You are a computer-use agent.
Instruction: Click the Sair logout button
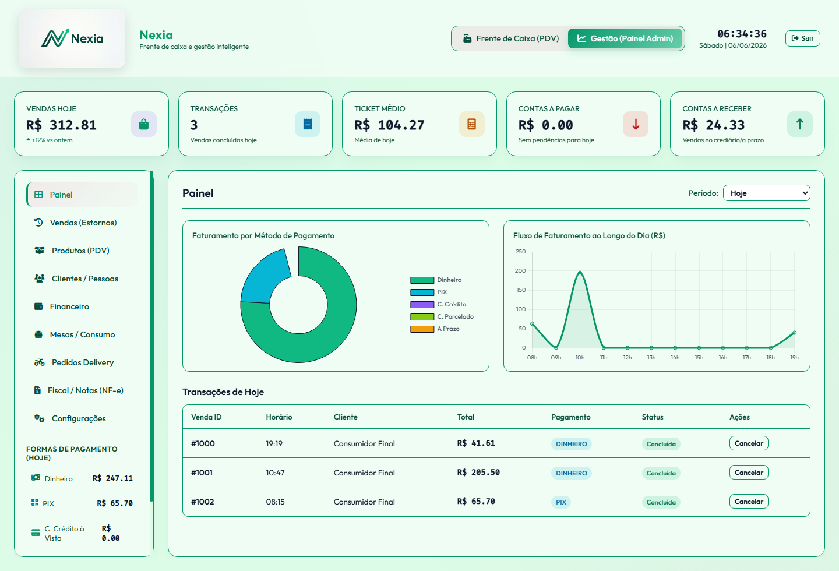(x=802, y=38)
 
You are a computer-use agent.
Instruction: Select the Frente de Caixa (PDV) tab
(x=511, y=38)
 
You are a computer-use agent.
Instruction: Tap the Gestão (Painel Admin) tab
(x=625, y=38)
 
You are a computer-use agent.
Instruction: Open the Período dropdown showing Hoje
(x=766, y=193)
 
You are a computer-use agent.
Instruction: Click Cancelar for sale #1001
(x=748, y=473)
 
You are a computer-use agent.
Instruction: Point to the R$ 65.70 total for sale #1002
(x=476, y=501)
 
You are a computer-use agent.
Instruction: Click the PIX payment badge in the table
(x=560, y=502)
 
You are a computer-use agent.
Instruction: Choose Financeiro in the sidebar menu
(x=69, y=306)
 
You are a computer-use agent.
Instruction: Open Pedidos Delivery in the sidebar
(x=82, y=362)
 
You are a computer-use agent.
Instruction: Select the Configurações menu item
(x=79, y=418)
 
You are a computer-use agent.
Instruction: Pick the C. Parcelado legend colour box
(x=422, y=316)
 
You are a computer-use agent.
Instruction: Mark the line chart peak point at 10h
(x=580, y=272)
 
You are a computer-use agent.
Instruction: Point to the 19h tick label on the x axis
(x=794, y=357)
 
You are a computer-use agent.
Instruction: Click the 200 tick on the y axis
(x=520, y=270)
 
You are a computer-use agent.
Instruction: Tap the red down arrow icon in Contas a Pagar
(x=636, y=124)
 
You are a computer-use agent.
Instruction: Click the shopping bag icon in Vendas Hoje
(x=144, y=124)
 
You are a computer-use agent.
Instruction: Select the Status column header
(x=653, y=417)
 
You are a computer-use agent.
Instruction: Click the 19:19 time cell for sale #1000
(x=274, y=443)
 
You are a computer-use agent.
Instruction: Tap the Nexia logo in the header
(x=72, y=38)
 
